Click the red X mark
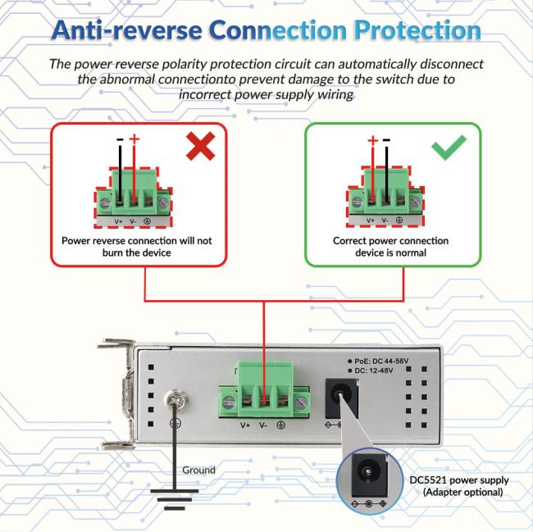(x=201, y=146)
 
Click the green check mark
(x=449, y=147)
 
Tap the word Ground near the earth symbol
(x=199, y=471)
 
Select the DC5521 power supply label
(x=459, y=480)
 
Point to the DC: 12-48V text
(x=374, y=371)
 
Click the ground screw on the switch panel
(x=175, y=400)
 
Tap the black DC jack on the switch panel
(x=341, y=398)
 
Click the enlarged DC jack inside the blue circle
(x=368, y=475)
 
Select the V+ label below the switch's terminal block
(x=245, y=425)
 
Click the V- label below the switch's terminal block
(x=263, y=425)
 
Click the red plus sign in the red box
(x=134, y=139)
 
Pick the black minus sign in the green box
(x=386, y=140)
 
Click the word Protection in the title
(x=417, y=30)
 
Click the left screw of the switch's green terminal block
(x=229, y=402)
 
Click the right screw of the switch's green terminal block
(x=300, y=403)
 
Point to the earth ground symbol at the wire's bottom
(x=175, y=499)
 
